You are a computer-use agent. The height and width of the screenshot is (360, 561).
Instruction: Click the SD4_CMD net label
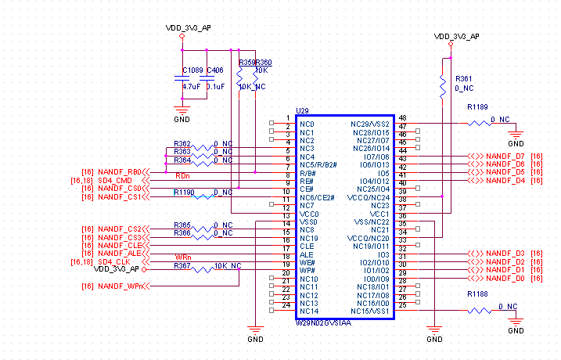pos(115,180)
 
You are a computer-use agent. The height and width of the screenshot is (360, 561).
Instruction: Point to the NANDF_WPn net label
pos(120,286)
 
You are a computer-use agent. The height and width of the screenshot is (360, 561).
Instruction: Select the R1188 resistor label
pos(476,293)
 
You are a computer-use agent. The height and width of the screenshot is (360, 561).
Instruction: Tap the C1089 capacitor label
pos(192,70)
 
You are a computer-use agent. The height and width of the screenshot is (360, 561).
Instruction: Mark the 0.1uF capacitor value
pos(215,87)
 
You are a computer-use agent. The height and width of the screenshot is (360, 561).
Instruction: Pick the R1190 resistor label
pos(184,192)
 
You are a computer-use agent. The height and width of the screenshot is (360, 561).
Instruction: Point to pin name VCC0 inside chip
pos(309,213)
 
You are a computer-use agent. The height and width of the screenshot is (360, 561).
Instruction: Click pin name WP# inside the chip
pos(307,270)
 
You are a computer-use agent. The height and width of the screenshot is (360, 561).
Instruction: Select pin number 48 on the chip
pos(402,117)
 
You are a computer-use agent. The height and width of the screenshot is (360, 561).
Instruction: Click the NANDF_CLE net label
pos(119,245)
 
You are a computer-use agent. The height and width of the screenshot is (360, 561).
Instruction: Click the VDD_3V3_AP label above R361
pos(457,37)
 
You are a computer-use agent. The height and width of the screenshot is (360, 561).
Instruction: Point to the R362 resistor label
pos(182,143)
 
